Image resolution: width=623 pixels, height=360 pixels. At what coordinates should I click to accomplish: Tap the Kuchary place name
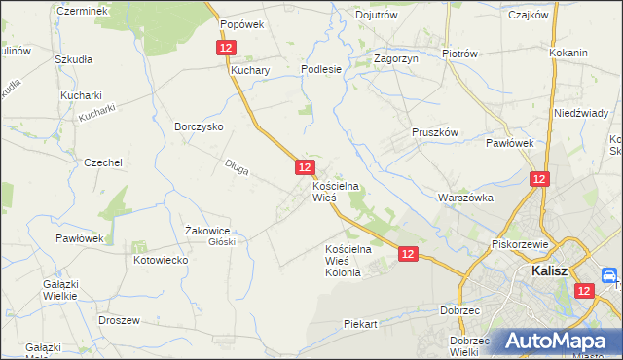[250, 71]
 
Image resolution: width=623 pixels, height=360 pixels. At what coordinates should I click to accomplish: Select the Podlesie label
[321, 69]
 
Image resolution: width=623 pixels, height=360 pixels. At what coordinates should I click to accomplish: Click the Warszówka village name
[467, 198]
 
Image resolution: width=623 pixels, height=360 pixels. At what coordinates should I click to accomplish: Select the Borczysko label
[199, 126]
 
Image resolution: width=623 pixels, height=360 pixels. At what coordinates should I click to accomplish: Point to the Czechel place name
[103, 163]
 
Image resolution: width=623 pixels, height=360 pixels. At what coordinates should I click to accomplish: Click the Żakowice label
[206, 230]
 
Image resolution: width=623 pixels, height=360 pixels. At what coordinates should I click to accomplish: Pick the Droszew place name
[120, 320]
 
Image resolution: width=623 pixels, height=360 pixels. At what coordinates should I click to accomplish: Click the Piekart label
[360, 323]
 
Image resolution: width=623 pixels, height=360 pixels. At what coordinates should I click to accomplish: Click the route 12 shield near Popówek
[226, 47]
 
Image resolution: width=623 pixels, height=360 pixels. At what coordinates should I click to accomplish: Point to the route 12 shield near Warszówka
[540, 179]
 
